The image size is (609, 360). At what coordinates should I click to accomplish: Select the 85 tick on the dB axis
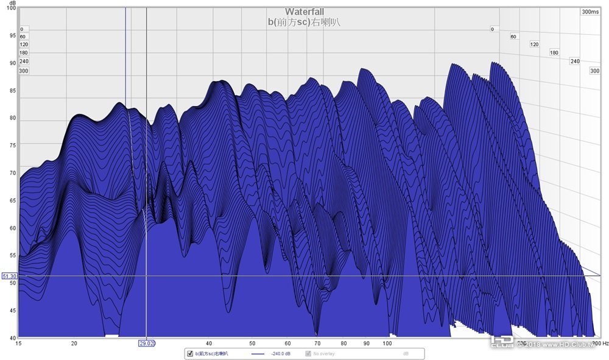[x=12, y=91]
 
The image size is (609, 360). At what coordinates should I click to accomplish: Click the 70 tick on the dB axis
[x=12, y=174]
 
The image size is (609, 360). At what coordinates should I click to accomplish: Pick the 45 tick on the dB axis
[x=12, y=311]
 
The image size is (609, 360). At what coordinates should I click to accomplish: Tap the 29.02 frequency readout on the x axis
[x=147, y=344]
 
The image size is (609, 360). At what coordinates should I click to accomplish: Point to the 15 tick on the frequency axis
[x=19, y=343]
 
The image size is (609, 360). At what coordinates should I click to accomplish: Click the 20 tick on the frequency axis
[x=74, y=343]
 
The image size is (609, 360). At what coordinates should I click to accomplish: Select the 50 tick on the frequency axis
[x=252, y=343]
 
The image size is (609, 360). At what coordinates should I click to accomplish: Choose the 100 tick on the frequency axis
[x=386, y=343]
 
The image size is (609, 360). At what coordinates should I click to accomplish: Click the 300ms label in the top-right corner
[x=590, y=12]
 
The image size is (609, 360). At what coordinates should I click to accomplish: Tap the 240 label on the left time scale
[x=24, y=62]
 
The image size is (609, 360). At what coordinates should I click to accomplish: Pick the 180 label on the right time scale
[x=554, y=53]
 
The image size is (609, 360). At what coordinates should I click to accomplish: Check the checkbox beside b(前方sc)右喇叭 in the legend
[x=190, y=353]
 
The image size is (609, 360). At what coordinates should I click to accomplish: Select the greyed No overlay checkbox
[x=308, y=353]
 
